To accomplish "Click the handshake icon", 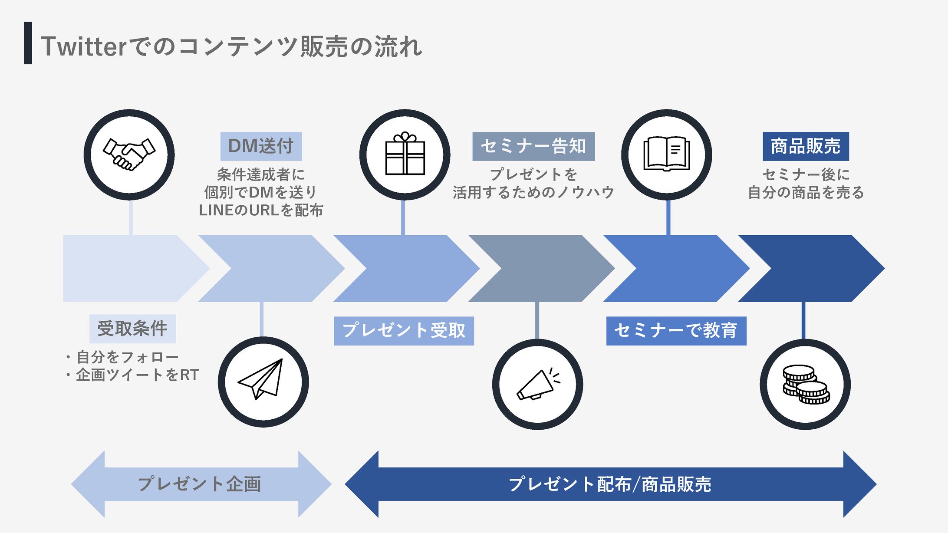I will pos(129,155).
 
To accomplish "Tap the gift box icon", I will pos(405,155).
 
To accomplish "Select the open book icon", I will pos(666,155).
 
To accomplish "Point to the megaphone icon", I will pos(537,384).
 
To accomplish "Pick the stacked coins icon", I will pos(805,384).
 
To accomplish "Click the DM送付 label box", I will pos(261,146).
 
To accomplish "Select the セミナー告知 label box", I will pos(533,146).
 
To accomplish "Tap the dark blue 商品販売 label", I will pos(806,146).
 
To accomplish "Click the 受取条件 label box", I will pos(132,329).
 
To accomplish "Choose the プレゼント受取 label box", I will pos(404,331).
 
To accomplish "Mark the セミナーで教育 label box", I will pos(676,331).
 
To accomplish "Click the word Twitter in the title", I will pos(83,46).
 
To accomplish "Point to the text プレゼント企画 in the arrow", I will pos(200,484).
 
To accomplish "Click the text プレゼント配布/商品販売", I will pos(610,484).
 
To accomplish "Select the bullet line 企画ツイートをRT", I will pos(136,375).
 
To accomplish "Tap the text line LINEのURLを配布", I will pos(261,210).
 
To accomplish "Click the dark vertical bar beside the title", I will pos(28,43).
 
